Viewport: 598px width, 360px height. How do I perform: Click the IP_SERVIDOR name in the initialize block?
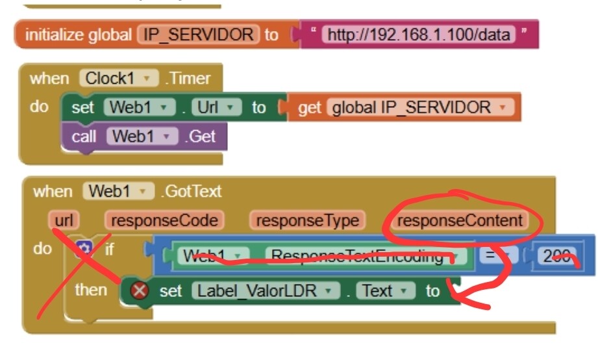(x=198, y=34)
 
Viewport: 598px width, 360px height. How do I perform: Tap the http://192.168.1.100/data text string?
(x=418, y=34)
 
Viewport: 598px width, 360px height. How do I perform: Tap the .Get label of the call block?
(x=202, y=136)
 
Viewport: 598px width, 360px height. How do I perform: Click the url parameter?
(x=64, y=220)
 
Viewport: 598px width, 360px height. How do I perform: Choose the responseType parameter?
(x=307, y=220)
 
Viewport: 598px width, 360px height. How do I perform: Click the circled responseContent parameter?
(x=460, y=220)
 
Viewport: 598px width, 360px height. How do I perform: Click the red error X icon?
(x=139, y=290)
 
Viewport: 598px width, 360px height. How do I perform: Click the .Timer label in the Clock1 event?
(x=190, y=79)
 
